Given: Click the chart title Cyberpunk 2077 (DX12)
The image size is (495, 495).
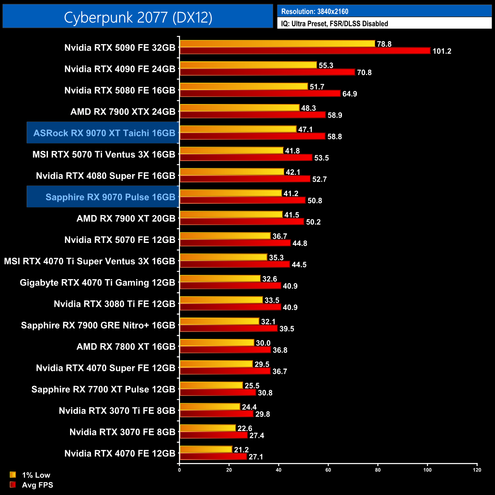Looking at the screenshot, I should pyautogui.click(x=138, y=17).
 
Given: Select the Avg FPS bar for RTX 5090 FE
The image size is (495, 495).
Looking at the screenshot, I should pyautogui.click(x=305, y=51).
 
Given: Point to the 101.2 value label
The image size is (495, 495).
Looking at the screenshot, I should pyautogui.click(x=442, y=51).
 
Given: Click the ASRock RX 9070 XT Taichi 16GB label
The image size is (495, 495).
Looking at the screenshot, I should pyautogui.click(x=104, y=133).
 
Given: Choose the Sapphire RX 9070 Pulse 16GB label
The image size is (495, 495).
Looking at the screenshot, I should pyautogui.click(x=110, y=197).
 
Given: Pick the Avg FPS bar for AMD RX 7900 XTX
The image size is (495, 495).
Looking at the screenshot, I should pyautogui.click(x=252, y=115).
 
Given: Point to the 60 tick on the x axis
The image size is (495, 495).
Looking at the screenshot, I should pyautogui.click(x=328, y=470).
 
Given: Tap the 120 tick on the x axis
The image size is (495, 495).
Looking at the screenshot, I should pyautogui.click(x=477, y=470).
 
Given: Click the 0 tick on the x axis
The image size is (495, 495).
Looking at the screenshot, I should pyautogui.click(x=179, y=470).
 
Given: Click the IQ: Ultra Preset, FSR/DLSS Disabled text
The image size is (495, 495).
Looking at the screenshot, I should pyautogui.click(x=334, y=24).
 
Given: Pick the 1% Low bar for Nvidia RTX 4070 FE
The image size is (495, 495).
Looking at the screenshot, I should pyautogui.click(x=206, y=449).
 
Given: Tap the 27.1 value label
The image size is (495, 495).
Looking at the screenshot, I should pyautogui.click(x=255, y=457).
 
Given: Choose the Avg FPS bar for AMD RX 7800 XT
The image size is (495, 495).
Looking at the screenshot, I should pyautogui.click(x=225, y=350).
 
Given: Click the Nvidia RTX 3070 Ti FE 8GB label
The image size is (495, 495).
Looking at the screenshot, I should pyautogui.click(x=117, y=410).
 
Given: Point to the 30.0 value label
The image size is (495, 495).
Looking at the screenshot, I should pyautogui.click(x=263, y=343).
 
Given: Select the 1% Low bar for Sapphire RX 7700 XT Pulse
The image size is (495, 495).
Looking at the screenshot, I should pyautogui.click(x=211, y=385).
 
